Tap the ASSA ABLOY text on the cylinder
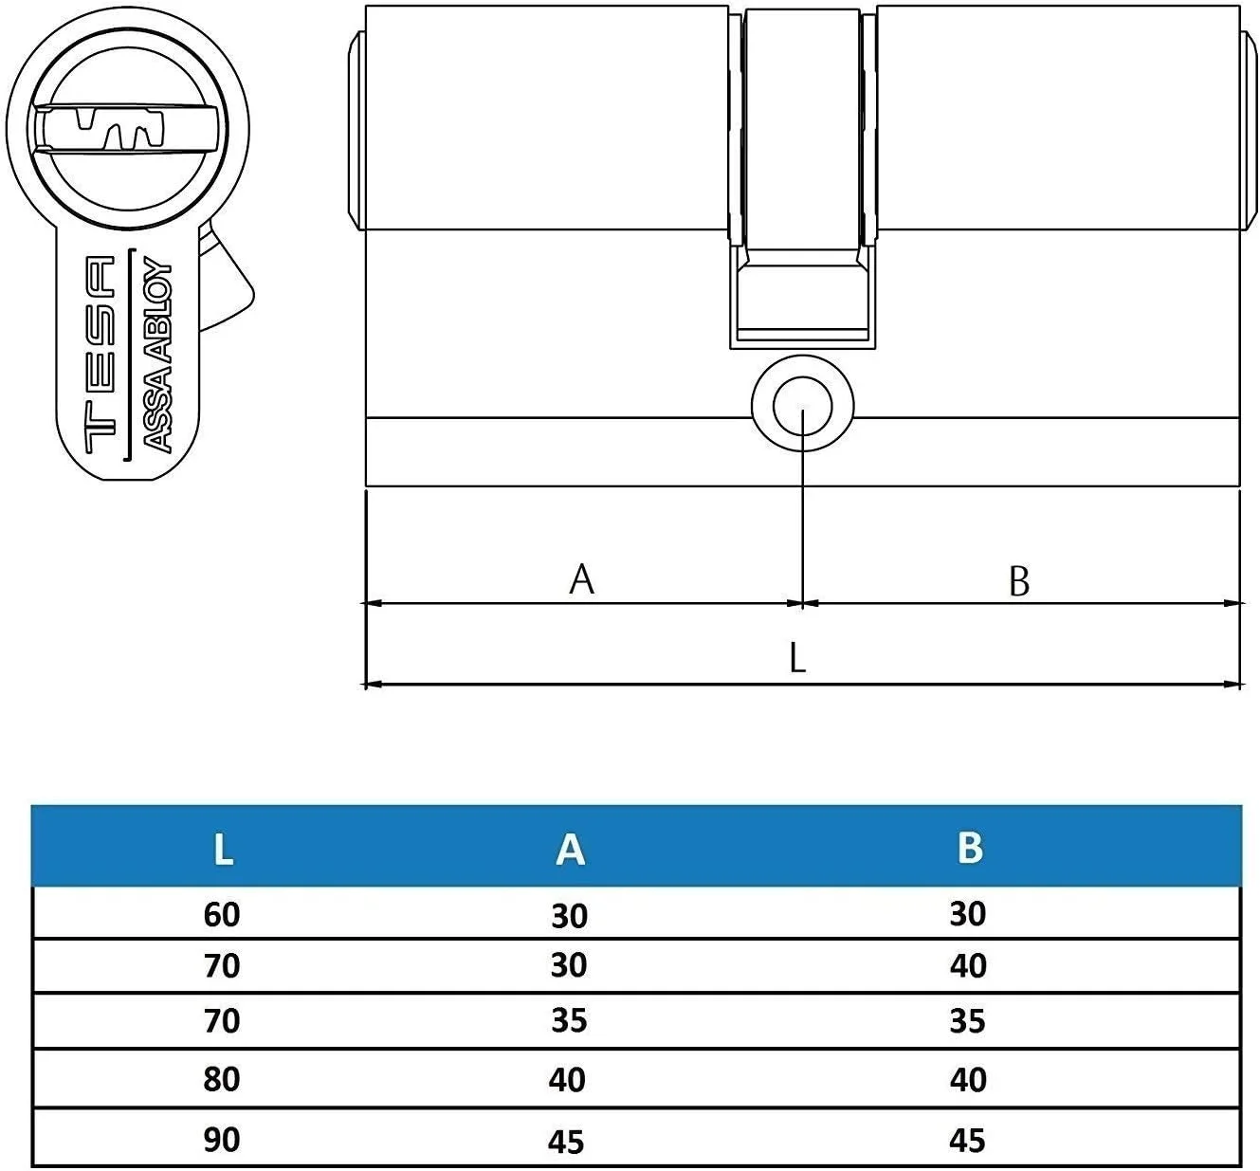(x=157, y=356)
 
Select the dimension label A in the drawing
(x=581, y=578)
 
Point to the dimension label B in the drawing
(x=1018, y=581)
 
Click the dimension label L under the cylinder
(x=797, y=656)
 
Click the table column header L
(x=223, y=850)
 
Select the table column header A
(x=570, y=850)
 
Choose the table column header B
(x=969, y=848)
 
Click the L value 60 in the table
(x=222, y=915)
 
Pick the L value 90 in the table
(x=222, y=1140)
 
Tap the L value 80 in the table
(x=222, y=1079)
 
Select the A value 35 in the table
(x=569, y=1021)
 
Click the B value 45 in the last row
(x=968, y=1140)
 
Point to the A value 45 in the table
(x=567, y=1142)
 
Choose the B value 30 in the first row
(x=968, y=914)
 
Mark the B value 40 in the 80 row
(x=968, y=1080)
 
